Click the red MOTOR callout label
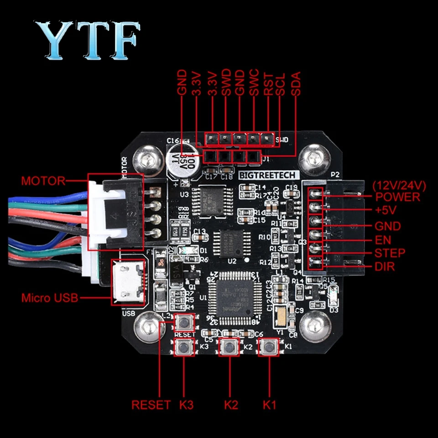pos(43,181)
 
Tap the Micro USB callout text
pos(50,298)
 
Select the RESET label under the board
pos(151,405)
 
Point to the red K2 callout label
pos(231,405)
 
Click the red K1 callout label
pos(270,405)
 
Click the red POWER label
pos(397,197)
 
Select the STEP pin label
pos(390,253)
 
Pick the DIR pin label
pos(384,266)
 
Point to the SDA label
pos(296,83)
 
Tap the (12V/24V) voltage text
pos(399,186)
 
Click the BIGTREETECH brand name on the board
pos(268,175)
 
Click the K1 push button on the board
pos(269,349)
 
